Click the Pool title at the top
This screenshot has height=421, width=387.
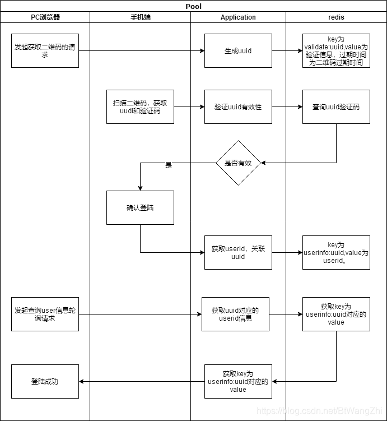point(193,7)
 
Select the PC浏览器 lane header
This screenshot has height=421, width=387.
point(45,17)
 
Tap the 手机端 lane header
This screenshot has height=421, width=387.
point(140,17)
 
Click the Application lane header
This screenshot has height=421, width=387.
point(238,17)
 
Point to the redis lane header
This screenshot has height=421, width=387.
point(336,17)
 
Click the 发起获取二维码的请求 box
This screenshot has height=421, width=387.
point(45,50)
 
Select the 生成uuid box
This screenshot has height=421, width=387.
point(238,50)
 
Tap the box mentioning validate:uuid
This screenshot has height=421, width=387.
point(336,50)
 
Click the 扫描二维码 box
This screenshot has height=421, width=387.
point(140,107)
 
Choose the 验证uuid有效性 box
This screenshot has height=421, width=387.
point(238,107)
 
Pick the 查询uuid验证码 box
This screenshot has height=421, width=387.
point(336,107)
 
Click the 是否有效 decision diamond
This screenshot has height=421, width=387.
point(239,163)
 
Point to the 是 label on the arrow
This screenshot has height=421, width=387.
point(169,165)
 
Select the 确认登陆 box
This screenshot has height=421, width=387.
point(140,207)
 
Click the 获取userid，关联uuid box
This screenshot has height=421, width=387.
point(238,252)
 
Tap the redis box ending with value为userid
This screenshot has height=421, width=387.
point(336,252)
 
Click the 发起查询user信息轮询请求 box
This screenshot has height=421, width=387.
point(45,314)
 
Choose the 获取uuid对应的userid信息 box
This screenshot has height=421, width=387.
point(235,314)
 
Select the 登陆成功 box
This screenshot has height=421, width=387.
point(45,381)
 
